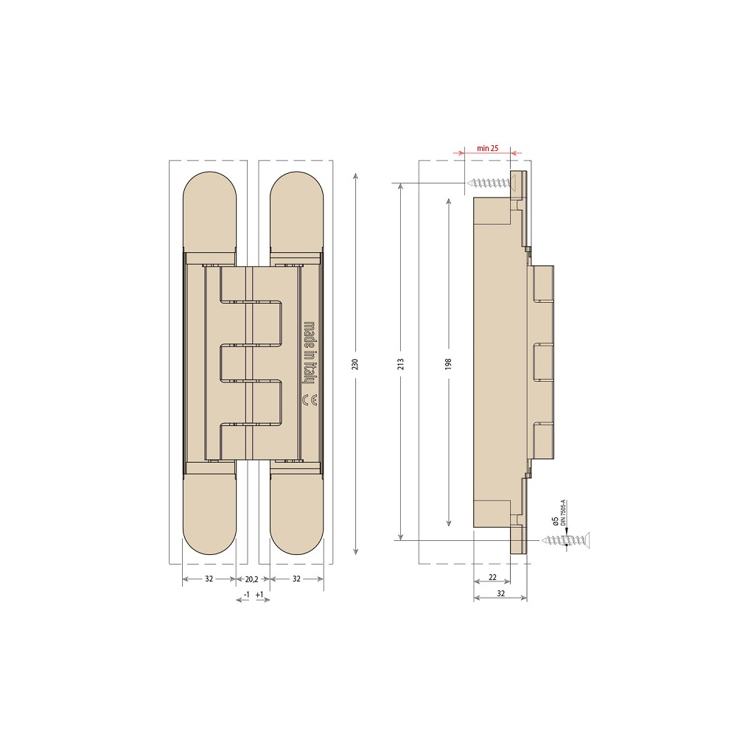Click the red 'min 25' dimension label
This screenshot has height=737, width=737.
(487, 148)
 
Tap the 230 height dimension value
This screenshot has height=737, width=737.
(355, 364)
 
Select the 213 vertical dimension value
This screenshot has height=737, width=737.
(401, 364)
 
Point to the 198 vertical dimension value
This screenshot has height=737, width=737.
(448, 364)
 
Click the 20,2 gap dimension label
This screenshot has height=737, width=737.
(252, 579)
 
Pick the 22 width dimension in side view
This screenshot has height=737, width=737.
(492, 577)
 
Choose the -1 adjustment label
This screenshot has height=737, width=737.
(247, 594)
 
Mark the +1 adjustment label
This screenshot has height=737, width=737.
(259, 594)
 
